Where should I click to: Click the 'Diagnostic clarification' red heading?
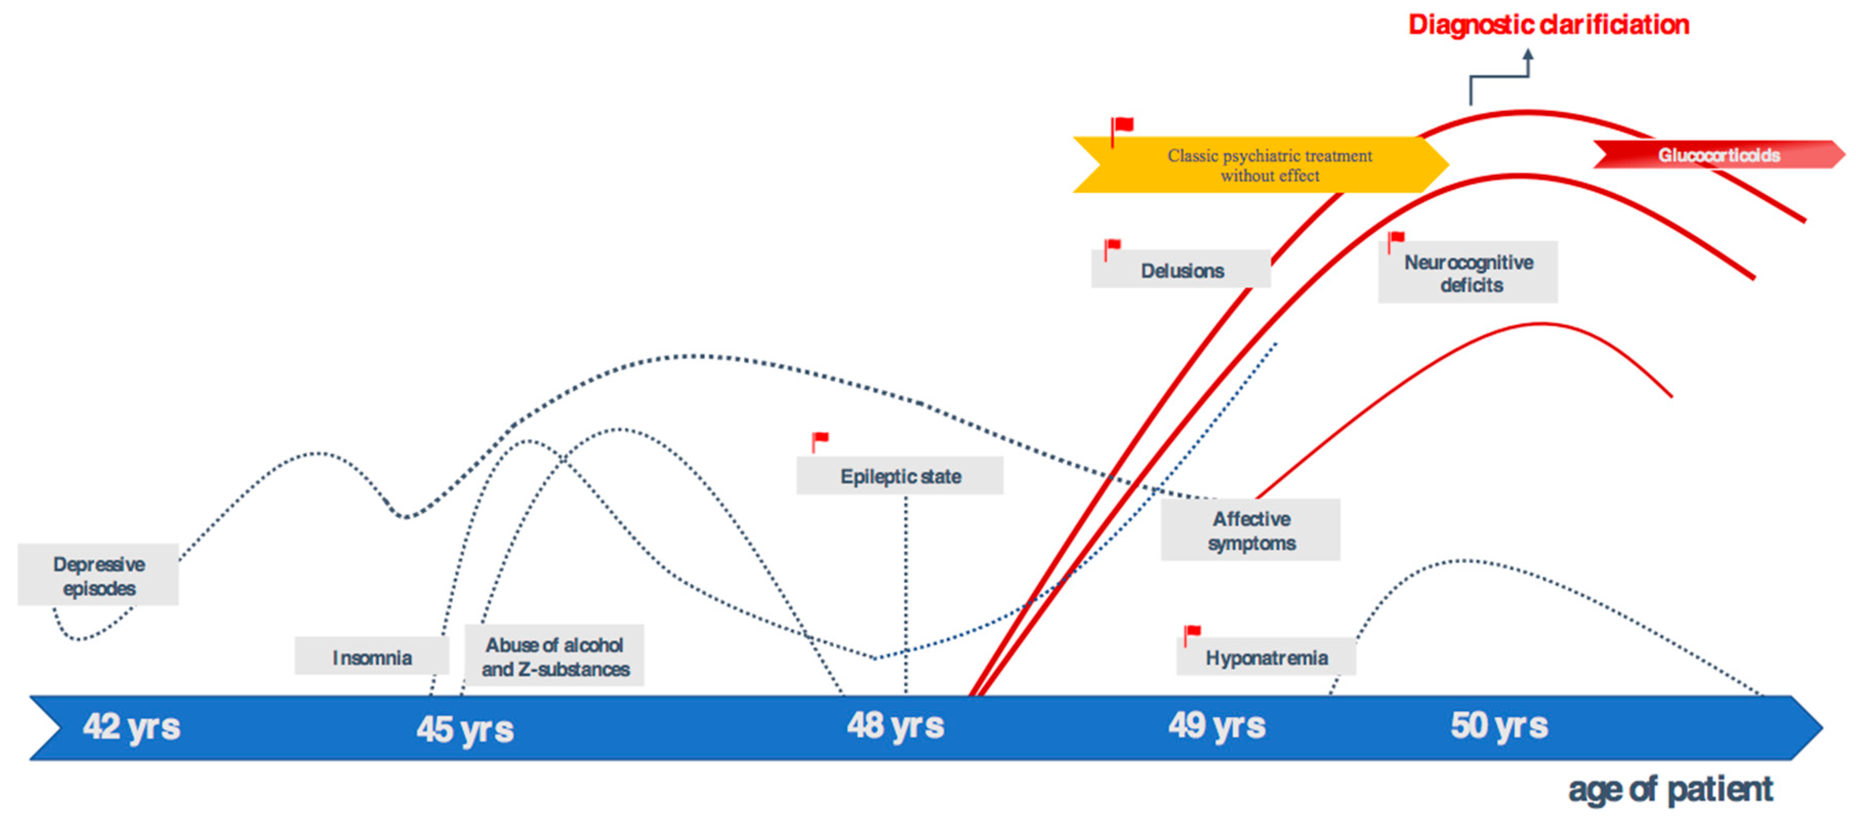tap(1549, 25)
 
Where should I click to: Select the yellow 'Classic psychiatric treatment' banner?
tap(1261, 165)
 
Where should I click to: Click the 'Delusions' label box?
tap(1181, 269)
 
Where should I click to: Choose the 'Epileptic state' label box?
tap(900, 475)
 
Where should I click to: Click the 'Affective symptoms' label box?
tap(1251, 530)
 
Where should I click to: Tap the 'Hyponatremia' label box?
tap(1266, 657)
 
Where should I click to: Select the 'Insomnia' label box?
tap(372, 656)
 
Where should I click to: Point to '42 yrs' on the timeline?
tap(131, 726)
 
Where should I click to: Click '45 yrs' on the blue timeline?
tap(465, 729)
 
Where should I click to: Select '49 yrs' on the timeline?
tap(1217, 725)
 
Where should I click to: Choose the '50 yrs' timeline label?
tap(1499, 725)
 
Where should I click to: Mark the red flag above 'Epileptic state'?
tap(820, 441)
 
